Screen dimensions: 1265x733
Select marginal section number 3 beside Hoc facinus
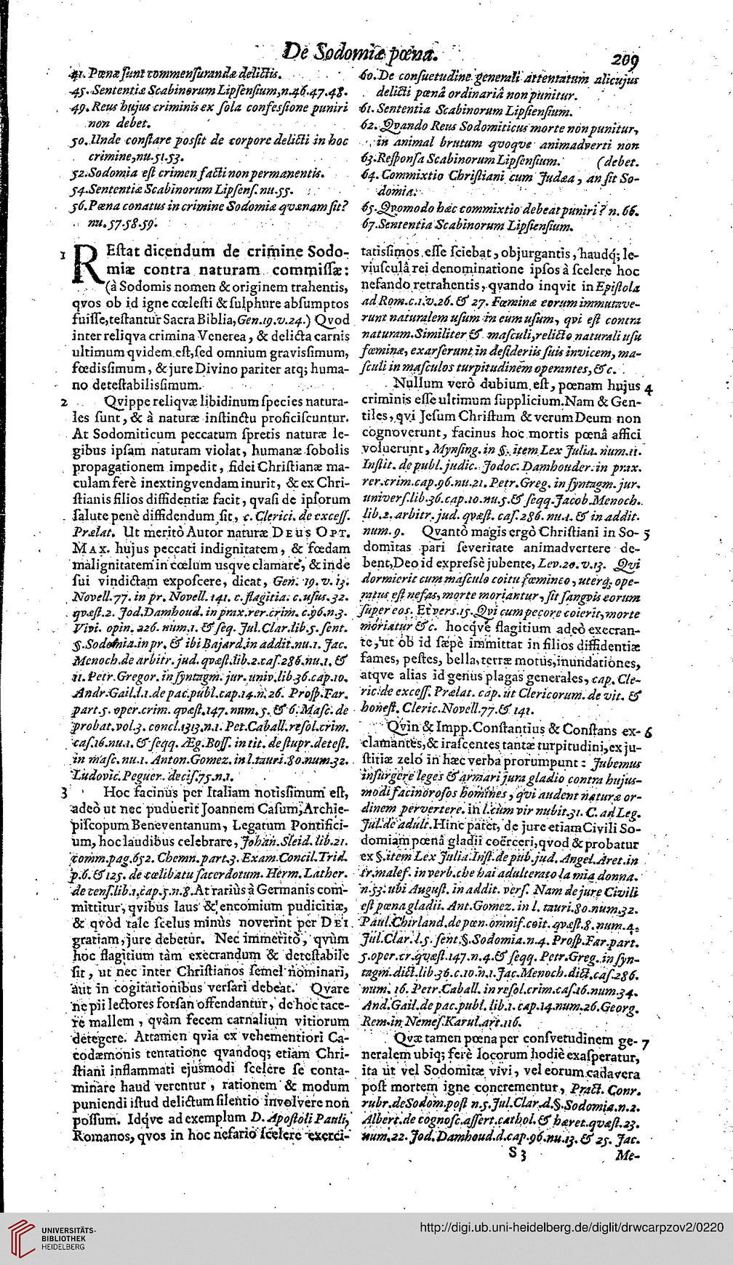[64, 790]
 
